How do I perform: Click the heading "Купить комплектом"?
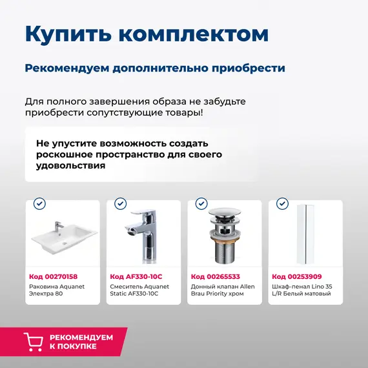click(x=147, y=34)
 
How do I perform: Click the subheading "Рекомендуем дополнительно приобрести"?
click(x=155, y=68)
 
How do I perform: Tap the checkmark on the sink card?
click(x=40, y=203)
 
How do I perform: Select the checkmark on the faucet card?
click(x=121, y=203)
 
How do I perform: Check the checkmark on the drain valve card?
click(x=201, y=203)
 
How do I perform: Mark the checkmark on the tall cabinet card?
click(x=282, y=203)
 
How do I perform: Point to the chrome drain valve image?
click(x=224, y=236)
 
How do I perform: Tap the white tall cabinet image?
click(x=305, y=235)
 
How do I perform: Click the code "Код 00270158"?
click(x=54, y=276)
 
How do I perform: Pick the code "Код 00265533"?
click(x=215, y=276)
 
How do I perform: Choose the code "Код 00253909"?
click(x=296, y=276)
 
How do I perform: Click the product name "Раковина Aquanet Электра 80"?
click(x=57, y=289)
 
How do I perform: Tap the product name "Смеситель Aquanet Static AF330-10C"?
click(x=138, y=289)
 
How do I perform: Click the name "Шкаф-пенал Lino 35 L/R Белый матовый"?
click(x=302, y=289)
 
